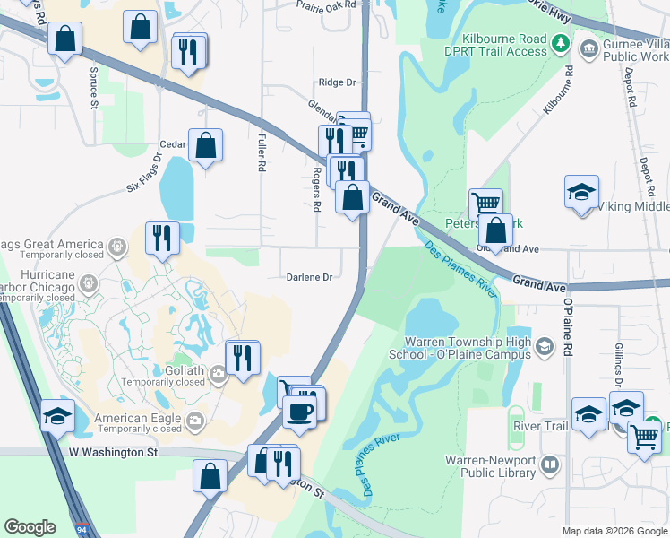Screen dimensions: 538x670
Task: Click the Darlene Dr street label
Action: point(310,277)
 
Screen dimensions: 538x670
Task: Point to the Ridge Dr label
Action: point(337,82)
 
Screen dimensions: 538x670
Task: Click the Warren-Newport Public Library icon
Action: point(549,465)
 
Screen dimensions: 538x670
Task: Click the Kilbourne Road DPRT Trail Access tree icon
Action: point(561,42)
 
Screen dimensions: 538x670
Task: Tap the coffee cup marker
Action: point(299,412)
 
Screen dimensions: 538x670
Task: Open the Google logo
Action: point(30,527)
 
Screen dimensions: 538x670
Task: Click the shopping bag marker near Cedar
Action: point(206,144)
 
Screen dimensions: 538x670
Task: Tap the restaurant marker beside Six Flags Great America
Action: point(162,238)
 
